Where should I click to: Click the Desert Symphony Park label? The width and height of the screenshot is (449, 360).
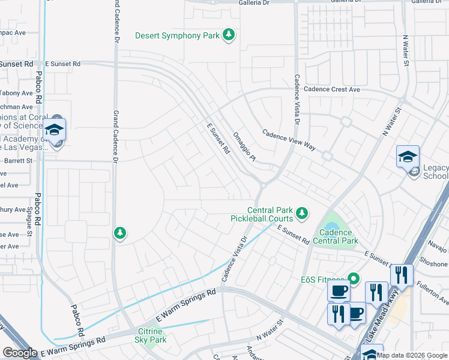coord(177,36)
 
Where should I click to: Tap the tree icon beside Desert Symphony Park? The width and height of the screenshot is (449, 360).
coord(228,36)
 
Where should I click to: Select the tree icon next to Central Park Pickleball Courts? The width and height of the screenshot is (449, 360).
coord(303,213)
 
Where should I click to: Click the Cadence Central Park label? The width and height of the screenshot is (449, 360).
coord(339,236)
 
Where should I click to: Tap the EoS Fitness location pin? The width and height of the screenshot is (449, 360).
coord(354,278)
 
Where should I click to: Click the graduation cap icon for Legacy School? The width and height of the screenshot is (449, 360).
coord(408,157)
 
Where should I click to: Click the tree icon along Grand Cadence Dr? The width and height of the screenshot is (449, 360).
coord(120,233)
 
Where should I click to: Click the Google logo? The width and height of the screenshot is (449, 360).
coord(20,353)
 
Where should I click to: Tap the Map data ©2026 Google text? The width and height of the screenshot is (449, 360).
coord(412,355)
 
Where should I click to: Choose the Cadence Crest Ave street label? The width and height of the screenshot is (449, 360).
coord(331,89)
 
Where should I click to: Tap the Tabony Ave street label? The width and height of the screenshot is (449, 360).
coord(16,93)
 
